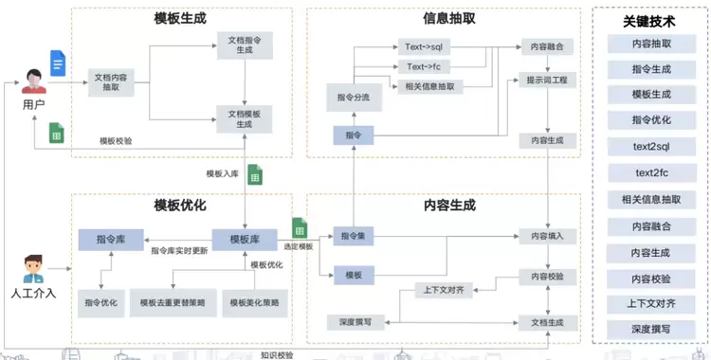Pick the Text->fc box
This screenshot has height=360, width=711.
coord(422,66)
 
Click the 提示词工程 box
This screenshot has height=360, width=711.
coord(547,81)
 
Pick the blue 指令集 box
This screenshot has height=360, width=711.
coord(353,234)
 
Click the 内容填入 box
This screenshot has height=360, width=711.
coord(547,234)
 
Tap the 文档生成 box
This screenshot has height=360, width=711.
coord(547,321)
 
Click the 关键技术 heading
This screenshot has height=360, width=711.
coord(651,21)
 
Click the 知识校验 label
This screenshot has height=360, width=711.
coord(278,354)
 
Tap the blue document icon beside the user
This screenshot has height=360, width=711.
coord(58,65)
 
